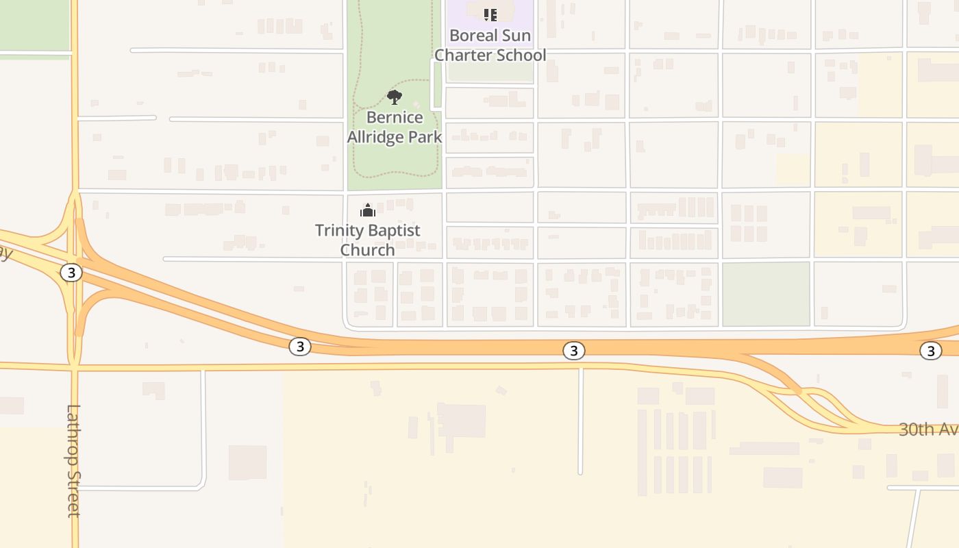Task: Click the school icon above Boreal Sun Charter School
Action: [x=490, y=14]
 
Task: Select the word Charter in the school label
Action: [x=464, y=55]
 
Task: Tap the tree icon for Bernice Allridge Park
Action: [x=395, y=97]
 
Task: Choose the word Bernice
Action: [x=395, y=117]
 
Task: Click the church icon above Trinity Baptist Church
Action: [x=368, y=210]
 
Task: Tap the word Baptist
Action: [x=395, y=230]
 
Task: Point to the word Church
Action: [x=368, y=250]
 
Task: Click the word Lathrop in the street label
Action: [x=73, y=435]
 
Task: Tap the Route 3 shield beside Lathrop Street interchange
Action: [x=71, y=273]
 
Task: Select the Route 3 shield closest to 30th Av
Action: [x=930, y=351]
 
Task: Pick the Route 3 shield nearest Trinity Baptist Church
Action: [x=299, y=347]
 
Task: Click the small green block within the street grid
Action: [x=766, y=294]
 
